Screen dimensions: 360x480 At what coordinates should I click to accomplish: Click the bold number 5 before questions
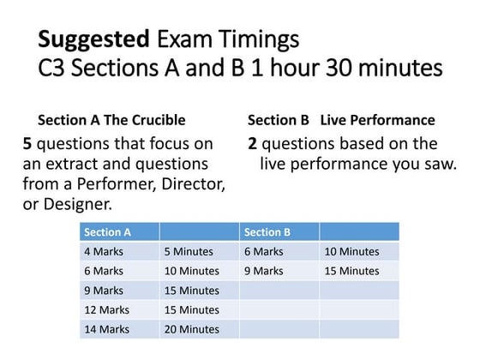28,143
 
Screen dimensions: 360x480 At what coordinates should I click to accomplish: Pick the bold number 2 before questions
253,143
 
